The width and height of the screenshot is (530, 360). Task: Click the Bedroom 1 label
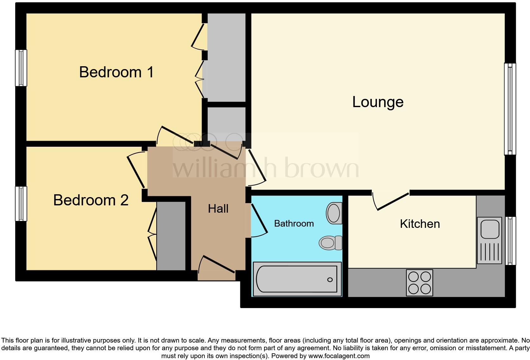116,72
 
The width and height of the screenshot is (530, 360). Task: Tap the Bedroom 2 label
91,200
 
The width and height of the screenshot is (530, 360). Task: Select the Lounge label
378,102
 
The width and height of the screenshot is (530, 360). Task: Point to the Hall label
218,209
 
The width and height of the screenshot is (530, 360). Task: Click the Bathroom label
294,224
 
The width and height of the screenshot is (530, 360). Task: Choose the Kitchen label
420,224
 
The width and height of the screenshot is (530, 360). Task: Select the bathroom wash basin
334,213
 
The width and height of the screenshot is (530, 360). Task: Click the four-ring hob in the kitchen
419,283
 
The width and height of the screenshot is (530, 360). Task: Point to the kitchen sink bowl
490,228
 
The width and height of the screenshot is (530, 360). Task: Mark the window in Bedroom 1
21,68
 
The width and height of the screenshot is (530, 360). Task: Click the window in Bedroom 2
21,203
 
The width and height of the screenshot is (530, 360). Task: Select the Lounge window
510,109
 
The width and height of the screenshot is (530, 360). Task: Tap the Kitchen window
510,241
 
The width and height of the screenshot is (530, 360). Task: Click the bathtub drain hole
330,280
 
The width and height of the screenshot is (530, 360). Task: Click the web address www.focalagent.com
339,356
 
